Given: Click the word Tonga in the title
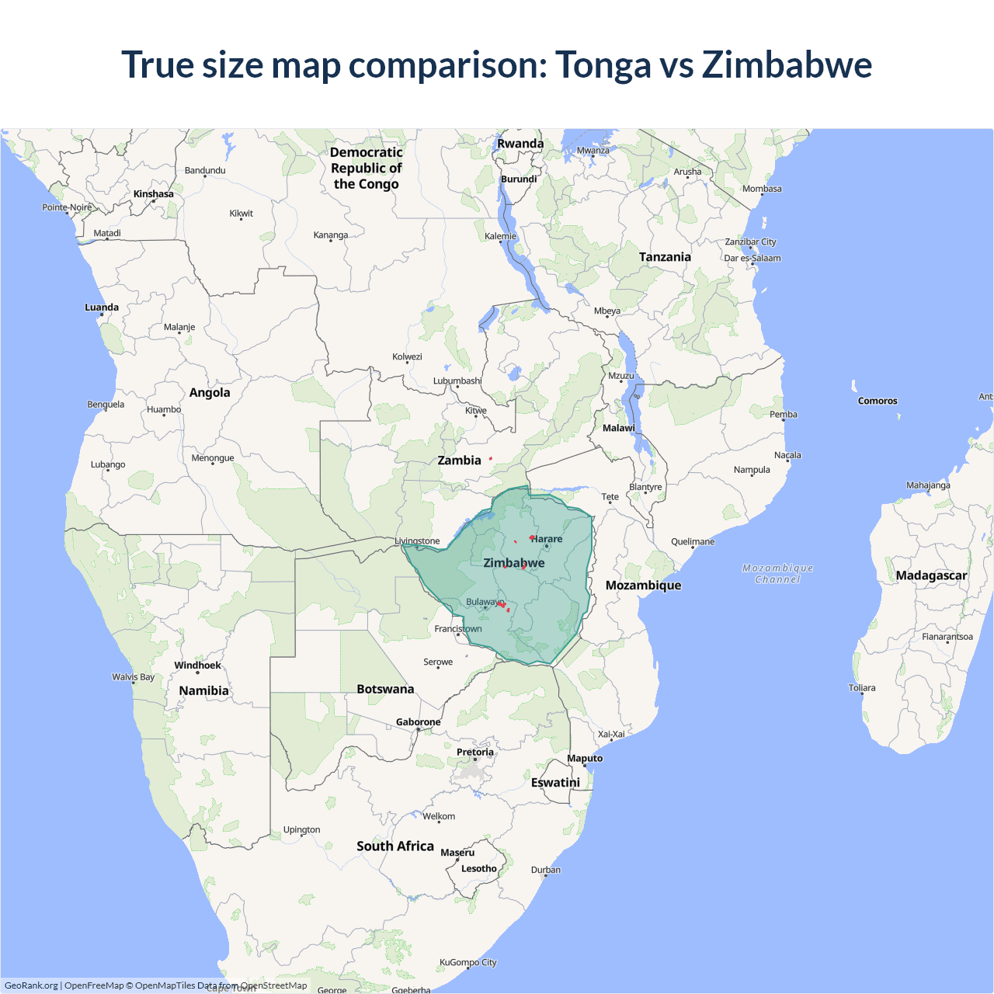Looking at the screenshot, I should [603, 64].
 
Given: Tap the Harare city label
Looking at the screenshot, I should [547, 539].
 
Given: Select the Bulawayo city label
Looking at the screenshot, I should [484, 602].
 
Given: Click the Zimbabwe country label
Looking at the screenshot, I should [513, 563].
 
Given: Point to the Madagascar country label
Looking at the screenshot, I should [931, 575].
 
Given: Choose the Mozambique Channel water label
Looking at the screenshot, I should [777, 574].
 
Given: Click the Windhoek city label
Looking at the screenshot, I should [197, 666].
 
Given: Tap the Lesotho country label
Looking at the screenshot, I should [478, 869].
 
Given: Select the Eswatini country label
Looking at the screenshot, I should [555, 783].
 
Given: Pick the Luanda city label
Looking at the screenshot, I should [102, 308].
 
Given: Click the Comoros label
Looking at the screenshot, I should [878, 401].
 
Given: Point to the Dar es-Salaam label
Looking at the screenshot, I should [752, 259].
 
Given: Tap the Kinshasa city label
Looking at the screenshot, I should [153, 194].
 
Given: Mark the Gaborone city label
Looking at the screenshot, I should [418, 722].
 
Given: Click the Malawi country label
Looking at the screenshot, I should [618, 428].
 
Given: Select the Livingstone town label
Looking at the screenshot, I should [417, 541].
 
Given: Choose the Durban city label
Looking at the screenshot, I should [546, 870].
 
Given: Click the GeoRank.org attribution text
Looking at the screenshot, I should [31, 985].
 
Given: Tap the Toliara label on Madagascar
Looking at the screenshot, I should [862, 688].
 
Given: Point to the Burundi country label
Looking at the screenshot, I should [519, 179].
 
